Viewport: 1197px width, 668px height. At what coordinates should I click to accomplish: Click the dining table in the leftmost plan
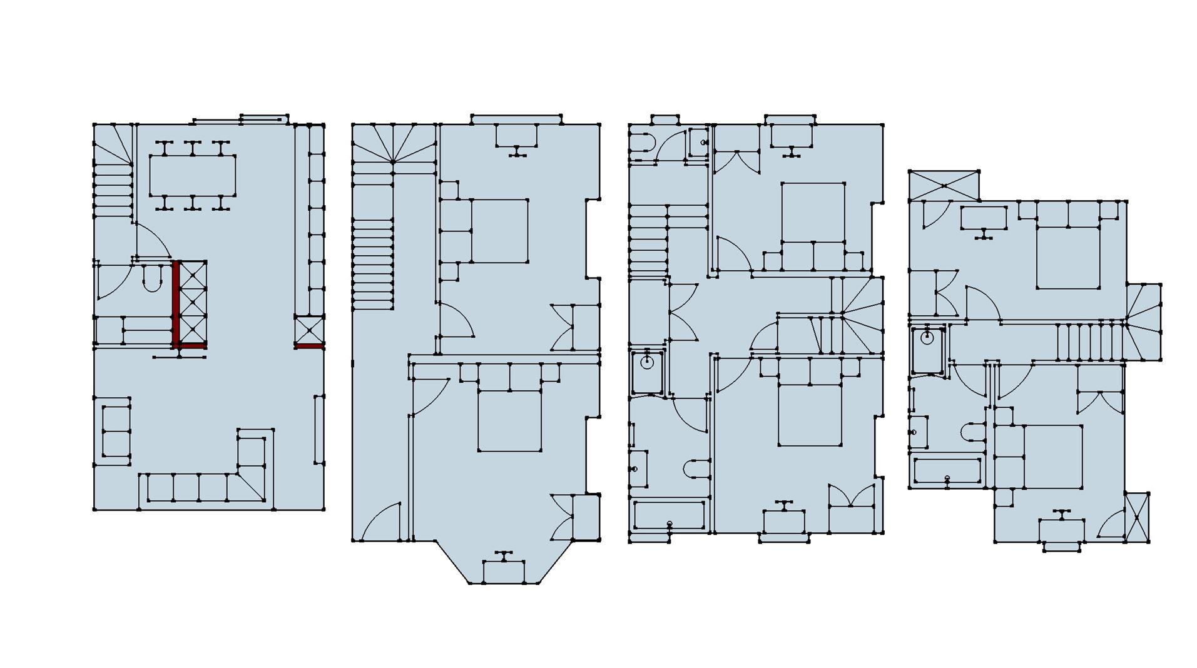coord(193,176)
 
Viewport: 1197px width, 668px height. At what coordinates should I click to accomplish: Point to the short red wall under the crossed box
coord(309,345)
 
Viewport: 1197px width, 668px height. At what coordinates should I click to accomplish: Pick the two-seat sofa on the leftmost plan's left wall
coord(115,431)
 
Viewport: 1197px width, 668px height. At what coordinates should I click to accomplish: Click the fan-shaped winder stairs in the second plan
coord(393,143)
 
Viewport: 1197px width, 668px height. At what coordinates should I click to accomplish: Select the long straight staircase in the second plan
coord(374,263)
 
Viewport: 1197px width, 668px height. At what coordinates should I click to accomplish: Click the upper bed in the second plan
coord(499,231)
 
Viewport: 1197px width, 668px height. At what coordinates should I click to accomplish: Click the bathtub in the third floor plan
coord(670,515)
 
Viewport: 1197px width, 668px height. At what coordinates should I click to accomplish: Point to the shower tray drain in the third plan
coord(647,362)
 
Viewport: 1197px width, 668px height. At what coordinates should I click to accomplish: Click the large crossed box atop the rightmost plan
coord(944,185)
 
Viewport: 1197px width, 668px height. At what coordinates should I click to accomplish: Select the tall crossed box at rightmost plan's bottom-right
coord(1137,517)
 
